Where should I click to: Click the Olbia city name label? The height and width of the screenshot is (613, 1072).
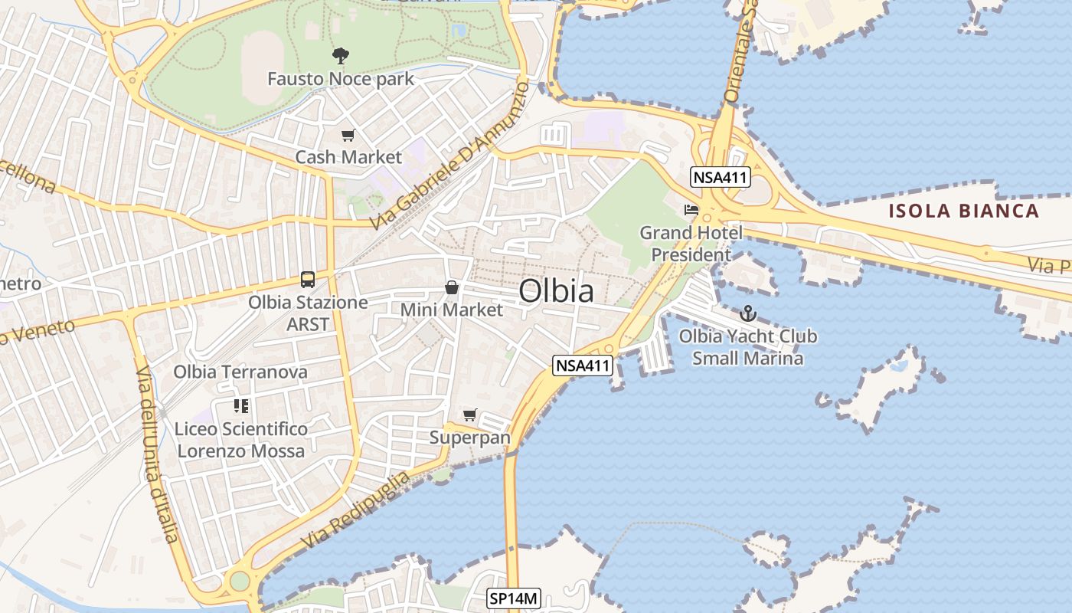click(556, 292)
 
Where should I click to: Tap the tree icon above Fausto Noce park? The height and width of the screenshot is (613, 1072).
click(341, 55)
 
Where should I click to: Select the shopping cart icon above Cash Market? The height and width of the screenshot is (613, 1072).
click(348, 136)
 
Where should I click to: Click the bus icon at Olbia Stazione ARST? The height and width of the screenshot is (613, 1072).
click(308, 280)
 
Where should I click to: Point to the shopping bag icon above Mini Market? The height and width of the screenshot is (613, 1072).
click(452, 288)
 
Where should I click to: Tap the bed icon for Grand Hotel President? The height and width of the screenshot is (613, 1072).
click(691, 209)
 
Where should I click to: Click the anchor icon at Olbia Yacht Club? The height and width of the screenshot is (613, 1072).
click(747, 313)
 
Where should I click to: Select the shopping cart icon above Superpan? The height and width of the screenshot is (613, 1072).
click(470, 415)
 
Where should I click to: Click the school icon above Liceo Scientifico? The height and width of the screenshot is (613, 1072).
click(241, 406)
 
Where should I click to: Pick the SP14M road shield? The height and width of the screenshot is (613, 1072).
click(514, 598)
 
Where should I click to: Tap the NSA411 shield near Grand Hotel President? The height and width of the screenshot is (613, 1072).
click(720, 178)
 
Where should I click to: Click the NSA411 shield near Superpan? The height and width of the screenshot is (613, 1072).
click(583, 366)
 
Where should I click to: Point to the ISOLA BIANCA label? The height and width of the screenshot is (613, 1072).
click(964, 211)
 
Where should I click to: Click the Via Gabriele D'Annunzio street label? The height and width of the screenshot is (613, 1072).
click(449, 156)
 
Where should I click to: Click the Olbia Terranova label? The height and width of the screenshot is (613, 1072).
click(240, 372)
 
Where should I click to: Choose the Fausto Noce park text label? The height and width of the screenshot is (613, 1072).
click(340, 79)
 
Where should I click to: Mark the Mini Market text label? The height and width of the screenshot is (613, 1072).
click(452, 310)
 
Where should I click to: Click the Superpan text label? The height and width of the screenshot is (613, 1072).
click(469, 438)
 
